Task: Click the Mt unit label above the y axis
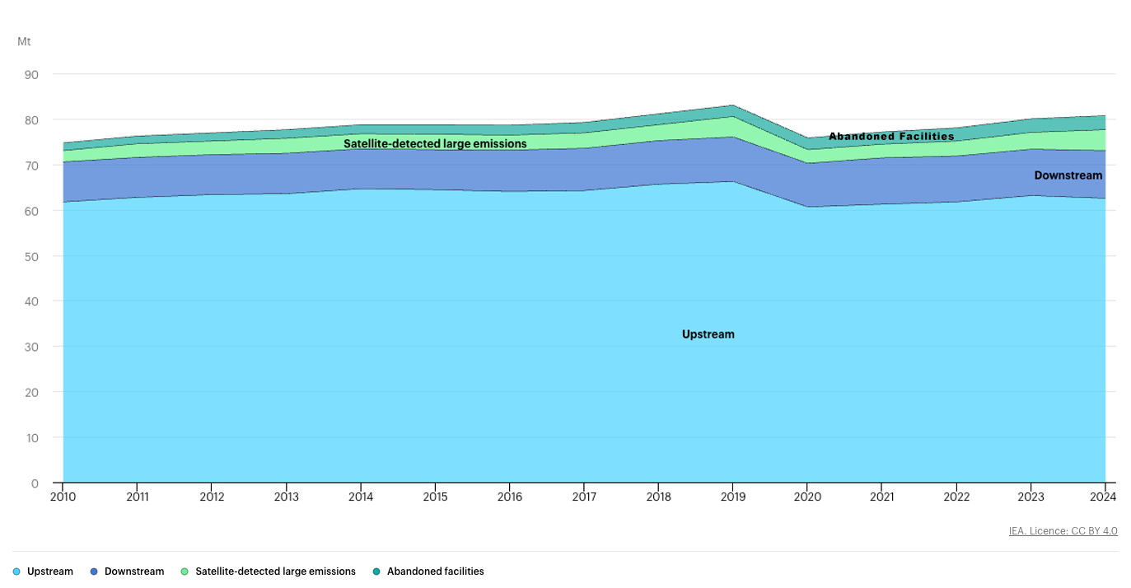24,41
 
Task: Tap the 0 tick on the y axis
35,483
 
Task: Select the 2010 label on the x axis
63,497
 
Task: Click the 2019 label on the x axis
732,497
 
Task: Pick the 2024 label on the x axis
1104,497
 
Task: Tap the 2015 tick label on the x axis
435,497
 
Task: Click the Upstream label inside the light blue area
708,334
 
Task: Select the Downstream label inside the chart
1068,175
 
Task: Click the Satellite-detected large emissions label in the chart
435,144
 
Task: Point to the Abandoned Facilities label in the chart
891,137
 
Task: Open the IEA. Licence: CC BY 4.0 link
1063,531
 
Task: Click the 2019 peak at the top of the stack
732,105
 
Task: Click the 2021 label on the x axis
881,497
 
